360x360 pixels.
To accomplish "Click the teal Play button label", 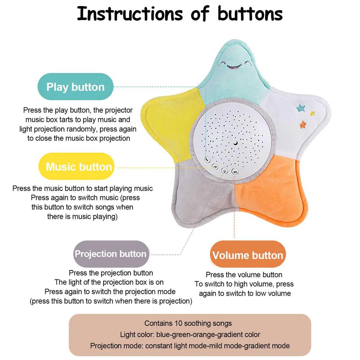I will pyautogui.click(x=76, y=87).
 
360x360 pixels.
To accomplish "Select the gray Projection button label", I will pyautogui.click(x=110, y=254).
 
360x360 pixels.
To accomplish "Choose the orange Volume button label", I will pyautogui.click(x=248, y=255).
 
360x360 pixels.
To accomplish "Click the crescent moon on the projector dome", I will pyautogui.click(x=235, y=143).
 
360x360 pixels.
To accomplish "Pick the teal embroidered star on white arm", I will pyautogui.click(x=300, y=107).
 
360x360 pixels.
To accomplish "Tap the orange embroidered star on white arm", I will pyautogui.click(x=303, y=124).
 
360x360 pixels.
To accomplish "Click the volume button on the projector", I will pyautogui.click(x=235, y=172).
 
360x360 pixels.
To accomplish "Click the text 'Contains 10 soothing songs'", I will pyautogui.click(x=188, y=323).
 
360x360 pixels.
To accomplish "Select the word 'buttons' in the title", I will pyautogui.click(x=250, y=13).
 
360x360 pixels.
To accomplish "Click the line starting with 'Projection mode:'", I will pyautogui.click(x=190, y=346).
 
